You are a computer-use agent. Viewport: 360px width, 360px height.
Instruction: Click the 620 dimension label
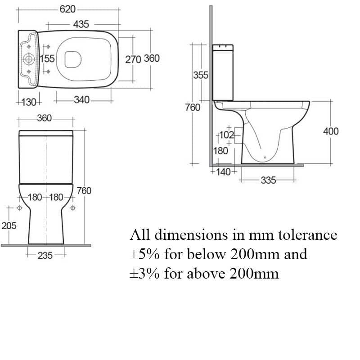pyautogui.click(x=67, y=9)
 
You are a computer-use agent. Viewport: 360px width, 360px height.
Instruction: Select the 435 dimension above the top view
pyautogui.click(x=81, y=24)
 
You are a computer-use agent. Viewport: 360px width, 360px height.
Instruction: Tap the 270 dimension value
pyautogui.click(x=133, y=59)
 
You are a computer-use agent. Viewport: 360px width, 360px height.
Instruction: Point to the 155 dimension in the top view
pyautogui.click(x=47, y=58)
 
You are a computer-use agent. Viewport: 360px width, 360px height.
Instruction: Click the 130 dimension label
pyautogui.click(x=29, y=102)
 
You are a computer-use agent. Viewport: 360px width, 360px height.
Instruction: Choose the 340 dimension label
pyautogui.click(x=82, y=99)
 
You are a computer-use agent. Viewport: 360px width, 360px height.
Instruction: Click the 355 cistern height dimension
pyautogui.click(x=200, y=75)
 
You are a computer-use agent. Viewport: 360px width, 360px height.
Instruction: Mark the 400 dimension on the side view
pyautogui.click(x=331, y=131)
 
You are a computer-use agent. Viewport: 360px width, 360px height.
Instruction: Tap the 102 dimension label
pyautogui.click(x=226, y=135)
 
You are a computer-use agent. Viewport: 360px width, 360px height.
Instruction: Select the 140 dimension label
pyautogui.click(x=223, y=172)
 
